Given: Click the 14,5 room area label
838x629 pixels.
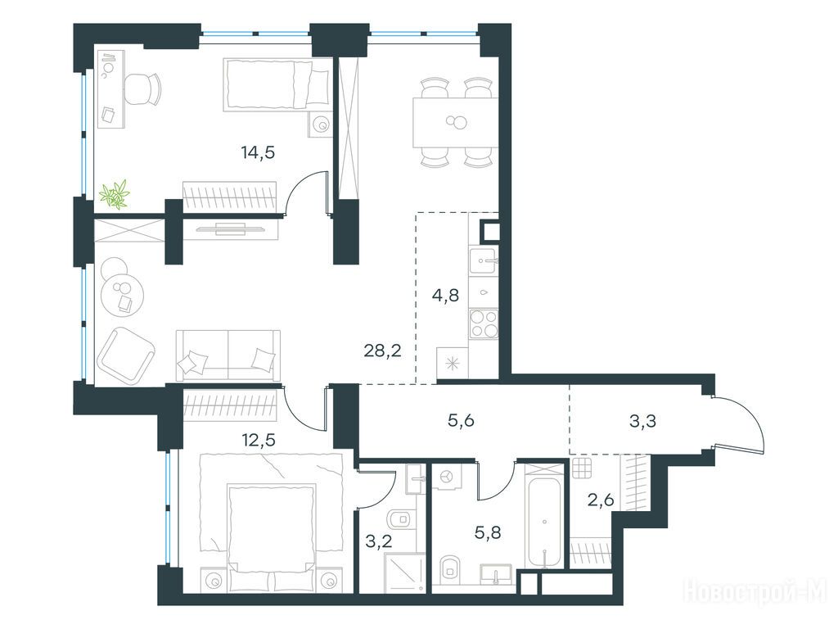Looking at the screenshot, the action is click(258, 153).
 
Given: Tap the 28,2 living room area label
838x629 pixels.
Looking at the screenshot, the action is click(382, 351).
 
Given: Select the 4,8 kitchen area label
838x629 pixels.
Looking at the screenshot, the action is click(446, 295).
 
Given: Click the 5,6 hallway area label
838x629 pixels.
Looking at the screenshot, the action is click(462, 421).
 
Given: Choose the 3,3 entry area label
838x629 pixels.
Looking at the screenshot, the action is click(643, 421).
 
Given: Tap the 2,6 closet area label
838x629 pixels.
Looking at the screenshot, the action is click(600, 500).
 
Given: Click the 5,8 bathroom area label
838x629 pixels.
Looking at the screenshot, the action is click(488, 532).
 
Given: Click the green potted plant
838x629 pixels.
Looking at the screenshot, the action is click(115, 194).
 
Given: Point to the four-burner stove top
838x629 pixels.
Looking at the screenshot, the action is click(484, 324).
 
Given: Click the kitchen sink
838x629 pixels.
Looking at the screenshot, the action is click(484, 261).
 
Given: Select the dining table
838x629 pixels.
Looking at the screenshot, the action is click(455, 123).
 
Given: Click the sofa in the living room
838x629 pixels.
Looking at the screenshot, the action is click(228, 355).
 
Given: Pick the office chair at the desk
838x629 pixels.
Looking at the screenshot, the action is click(142, 88).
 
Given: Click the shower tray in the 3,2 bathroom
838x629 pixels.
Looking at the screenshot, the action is click(407, 572).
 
